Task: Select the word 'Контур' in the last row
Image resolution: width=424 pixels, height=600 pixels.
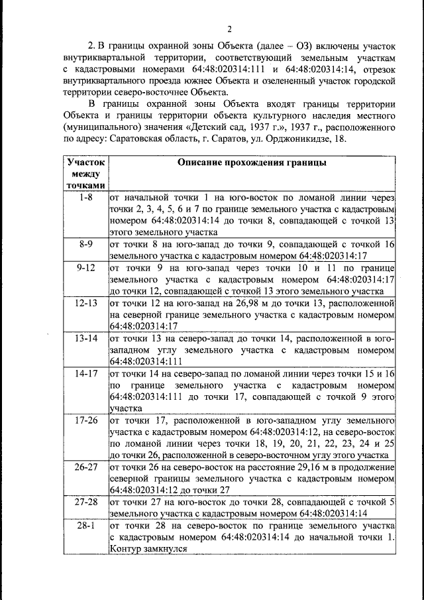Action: pos(126,549)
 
